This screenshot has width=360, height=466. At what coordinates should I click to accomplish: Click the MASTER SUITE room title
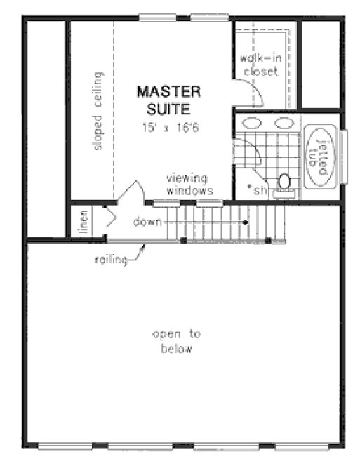tap(168, 100)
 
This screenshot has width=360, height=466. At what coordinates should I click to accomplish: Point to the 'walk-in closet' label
tap(260, 64)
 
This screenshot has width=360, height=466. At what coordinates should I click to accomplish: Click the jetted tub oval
tap(321, 155)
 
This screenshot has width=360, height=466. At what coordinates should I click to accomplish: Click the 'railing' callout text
tap(111, 260)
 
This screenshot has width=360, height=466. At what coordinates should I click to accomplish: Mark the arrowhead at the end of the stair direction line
tap(246, 222)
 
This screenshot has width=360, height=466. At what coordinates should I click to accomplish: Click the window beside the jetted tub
tap(343, 155)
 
